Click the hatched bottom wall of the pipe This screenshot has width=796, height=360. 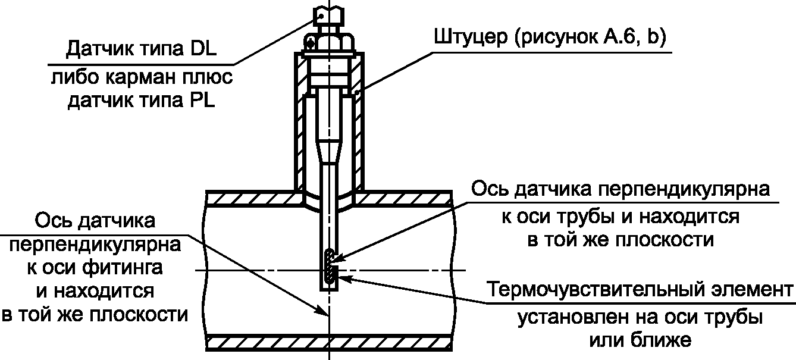click(x=327, y=342)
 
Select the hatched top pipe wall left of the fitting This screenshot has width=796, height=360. click(x=250, y=199)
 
